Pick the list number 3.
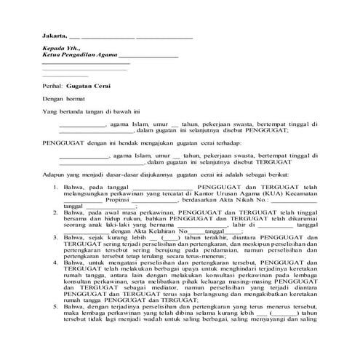tap(57, 237)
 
